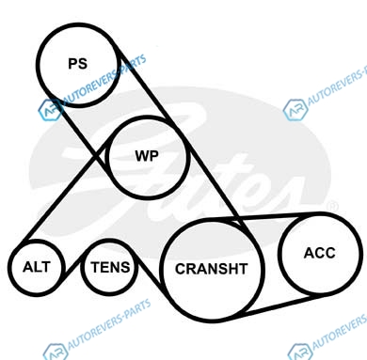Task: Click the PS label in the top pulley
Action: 78,64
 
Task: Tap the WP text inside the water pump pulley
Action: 147,156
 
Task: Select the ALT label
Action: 37,267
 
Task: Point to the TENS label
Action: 110,267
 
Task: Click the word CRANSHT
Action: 212,269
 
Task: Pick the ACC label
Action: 320,253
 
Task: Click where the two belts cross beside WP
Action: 97,154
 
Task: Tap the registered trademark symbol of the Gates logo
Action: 332,207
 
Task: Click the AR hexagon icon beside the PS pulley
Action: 49,110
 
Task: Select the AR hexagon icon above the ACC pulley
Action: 295,110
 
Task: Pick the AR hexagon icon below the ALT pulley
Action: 56,352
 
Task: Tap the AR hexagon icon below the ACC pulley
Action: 299,352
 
